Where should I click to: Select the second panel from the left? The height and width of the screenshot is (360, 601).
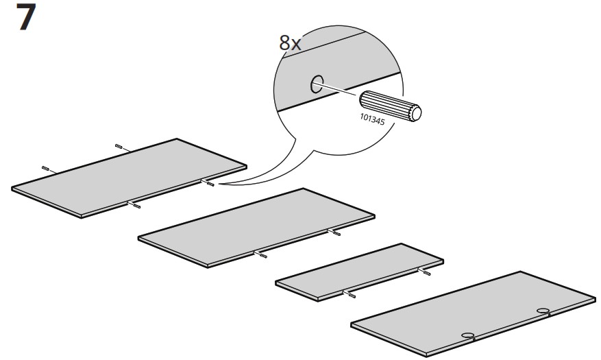pos(257,224)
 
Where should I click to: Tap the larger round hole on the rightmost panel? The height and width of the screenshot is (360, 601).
pos(543,312)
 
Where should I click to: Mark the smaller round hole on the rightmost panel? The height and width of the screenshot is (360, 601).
pos(468,335)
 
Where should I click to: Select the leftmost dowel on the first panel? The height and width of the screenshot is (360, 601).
pos(47,168)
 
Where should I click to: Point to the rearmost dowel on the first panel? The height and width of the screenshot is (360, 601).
pos(120,146)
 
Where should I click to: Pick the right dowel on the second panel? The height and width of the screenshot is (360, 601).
pos(335,233)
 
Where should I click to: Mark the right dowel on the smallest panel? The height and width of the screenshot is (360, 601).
pos(426,272)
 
